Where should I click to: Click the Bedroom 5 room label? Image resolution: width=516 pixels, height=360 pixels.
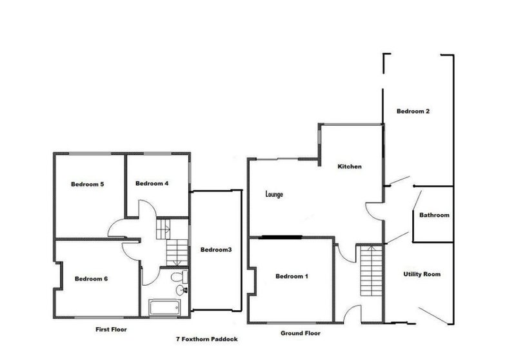click(88, 185)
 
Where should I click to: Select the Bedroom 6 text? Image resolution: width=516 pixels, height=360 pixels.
click(91, 279)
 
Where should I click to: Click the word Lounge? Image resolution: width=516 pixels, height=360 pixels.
click(274, 194)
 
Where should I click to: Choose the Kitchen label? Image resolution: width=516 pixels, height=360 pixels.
click(350, 166)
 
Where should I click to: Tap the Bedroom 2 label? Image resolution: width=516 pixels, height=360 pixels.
click(413, 111)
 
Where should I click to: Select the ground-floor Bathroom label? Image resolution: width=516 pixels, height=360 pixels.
click(434, 215)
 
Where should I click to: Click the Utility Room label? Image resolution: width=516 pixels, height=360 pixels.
click(422, 274)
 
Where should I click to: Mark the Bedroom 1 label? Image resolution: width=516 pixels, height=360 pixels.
click(292, 277)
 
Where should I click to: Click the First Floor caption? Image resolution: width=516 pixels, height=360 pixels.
click(111, 329)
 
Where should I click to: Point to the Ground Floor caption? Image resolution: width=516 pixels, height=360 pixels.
click(300, 334)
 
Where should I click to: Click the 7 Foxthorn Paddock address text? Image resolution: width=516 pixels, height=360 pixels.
click(206, 338)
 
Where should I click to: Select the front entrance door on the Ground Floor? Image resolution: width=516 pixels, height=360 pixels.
click(352, 314)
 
